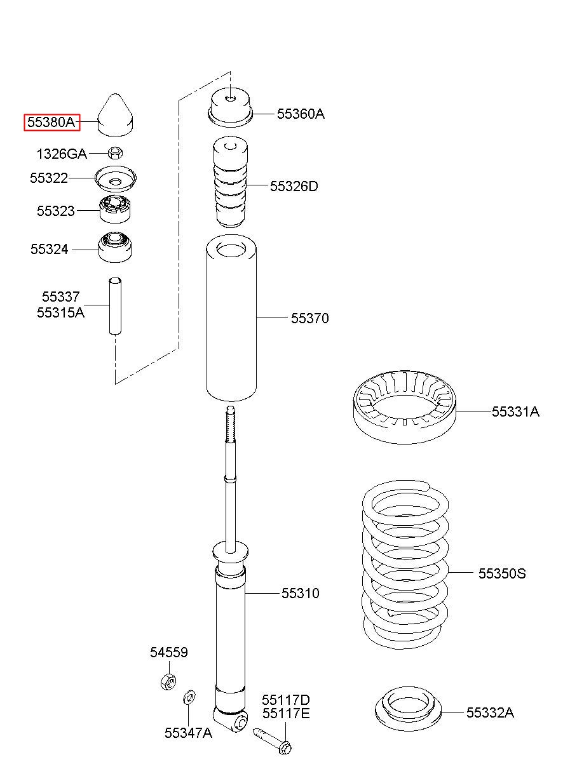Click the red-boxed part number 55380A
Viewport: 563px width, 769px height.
52,122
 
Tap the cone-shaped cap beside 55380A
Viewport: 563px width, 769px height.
116,116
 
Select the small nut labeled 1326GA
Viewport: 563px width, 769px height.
115,152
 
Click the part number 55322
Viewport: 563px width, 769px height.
48,178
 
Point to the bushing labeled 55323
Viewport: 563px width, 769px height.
115,209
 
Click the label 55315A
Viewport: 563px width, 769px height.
60,312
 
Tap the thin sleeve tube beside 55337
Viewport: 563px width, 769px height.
114,306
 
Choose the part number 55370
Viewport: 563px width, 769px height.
310,318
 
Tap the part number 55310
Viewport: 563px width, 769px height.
301,593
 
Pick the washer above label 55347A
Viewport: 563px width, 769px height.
189,698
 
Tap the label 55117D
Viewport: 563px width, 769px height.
286,700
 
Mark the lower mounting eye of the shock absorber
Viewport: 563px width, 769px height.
239,723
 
